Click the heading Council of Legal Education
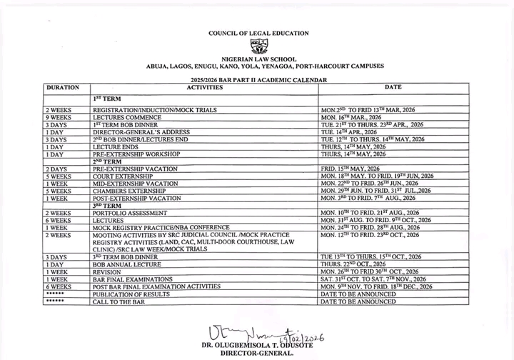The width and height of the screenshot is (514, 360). [x=258, y=33]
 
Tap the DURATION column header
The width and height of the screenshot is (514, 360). [x=64, y=87]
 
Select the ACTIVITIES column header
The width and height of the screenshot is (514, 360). [x=204, y=87]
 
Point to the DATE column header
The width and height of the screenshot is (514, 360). [x=393, y=87]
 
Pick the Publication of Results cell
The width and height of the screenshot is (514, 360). [x=132, y=294]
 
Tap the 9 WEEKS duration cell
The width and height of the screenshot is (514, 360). [x=58, y=117]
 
